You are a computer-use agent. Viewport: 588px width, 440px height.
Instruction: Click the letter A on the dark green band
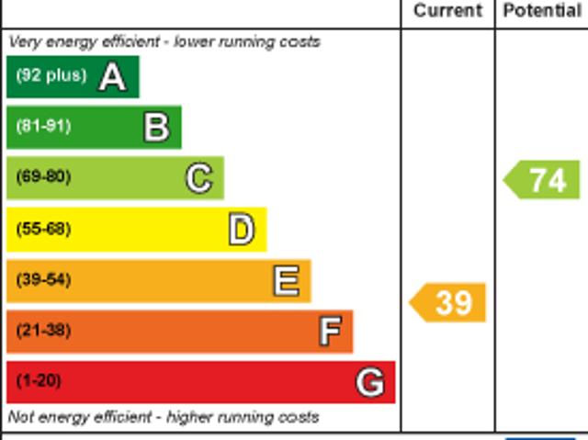point(112,77)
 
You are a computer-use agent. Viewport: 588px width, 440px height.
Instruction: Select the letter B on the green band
point(156,128)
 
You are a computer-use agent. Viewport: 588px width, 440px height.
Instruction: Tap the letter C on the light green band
point(198,178)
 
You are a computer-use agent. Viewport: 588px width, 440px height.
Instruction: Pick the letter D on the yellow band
point(241,230)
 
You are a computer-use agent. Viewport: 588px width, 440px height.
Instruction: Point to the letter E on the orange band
point(286,281)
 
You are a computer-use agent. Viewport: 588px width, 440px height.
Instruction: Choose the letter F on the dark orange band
point(329,332)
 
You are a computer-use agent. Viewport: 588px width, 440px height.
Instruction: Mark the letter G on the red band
point(370,382)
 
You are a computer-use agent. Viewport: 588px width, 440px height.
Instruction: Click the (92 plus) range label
point(51,76)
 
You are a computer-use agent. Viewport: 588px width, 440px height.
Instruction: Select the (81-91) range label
point(43,127)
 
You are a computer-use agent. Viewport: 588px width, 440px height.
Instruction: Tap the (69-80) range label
point(43,177)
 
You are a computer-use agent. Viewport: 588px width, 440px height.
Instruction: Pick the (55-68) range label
point(43,229)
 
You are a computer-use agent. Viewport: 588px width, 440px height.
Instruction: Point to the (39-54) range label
point(43,280)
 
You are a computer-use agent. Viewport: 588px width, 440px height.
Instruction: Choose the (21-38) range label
point(43,331)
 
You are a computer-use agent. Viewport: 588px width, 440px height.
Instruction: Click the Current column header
point(447,11)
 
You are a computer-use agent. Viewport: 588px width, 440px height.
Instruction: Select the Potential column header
point(542,11)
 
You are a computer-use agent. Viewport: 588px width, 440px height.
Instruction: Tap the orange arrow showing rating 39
point(448,302)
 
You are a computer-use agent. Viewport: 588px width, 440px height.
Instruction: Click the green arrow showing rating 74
point(544,179)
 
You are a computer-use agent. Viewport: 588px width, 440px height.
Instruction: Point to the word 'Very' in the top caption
point(23,42)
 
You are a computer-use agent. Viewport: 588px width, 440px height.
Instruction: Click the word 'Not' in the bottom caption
point(20,417)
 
